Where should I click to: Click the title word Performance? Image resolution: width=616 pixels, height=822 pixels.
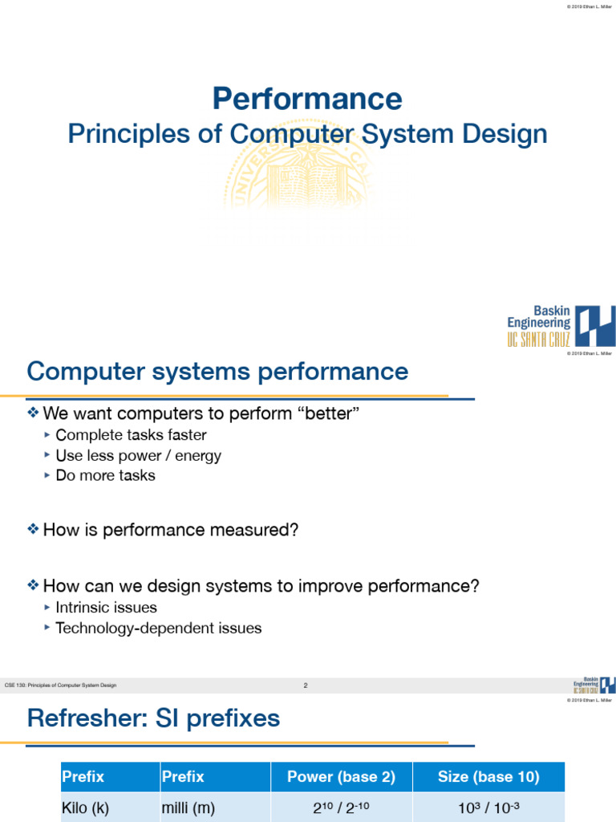[307, 99]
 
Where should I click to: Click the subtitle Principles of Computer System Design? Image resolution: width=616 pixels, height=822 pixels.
[307, 134]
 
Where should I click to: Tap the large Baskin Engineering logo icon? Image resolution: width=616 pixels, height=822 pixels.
[595, 325]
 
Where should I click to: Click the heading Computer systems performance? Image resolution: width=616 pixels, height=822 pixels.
[217, 372]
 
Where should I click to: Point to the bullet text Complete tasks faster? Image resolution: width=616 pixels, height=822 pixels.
[131, 435]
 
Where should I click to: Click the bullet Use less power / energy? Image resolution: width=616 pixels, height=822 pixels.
[138, 455]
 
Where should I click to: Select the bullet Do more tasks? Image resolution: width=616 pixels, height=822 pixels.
[105, 475]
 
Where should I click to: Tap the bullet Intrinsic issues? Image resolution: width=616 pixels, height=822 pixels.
[106, 608]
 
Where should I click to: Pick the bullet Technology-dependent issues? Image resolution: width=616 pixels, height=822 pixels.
[158, 628]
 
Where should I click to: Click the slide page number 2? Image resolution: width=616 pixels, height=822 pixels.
[306, 686]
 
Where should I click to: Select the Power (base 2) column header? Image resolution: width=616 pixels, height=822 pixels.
[342, 776]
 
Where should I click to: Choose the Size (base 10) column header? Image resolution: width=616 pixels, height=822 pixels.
[488, 776]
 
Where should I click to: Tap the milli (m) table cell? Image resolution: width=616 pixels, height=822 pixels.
[188, 808]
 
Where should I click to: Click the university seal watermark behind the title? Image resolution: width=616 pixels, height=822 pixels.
[307, 173]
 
